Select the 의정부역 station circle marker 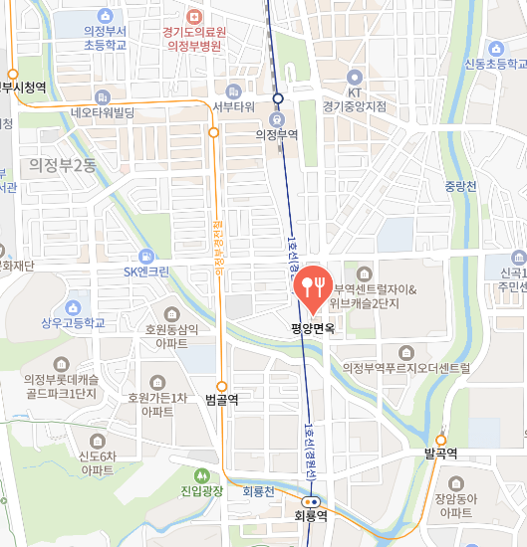(279, 98)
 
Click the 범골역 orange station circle (221, 386)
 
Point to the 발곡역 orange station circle (440, 439)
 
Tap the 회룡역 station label (311, 516)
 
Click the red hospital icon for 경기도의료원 (193, 16)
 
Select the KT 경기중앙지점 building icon (354, 77)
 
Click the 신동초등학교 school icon (495, 49)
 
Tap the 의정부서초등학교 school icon (105, 16)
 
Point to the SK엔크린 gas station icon (146, 256)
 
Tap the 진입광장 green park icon (202, 475)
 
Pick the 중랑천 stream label (461, 185)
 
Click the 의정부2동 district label (62, 165)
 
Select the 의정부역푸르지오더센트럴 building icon (405, 352)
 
